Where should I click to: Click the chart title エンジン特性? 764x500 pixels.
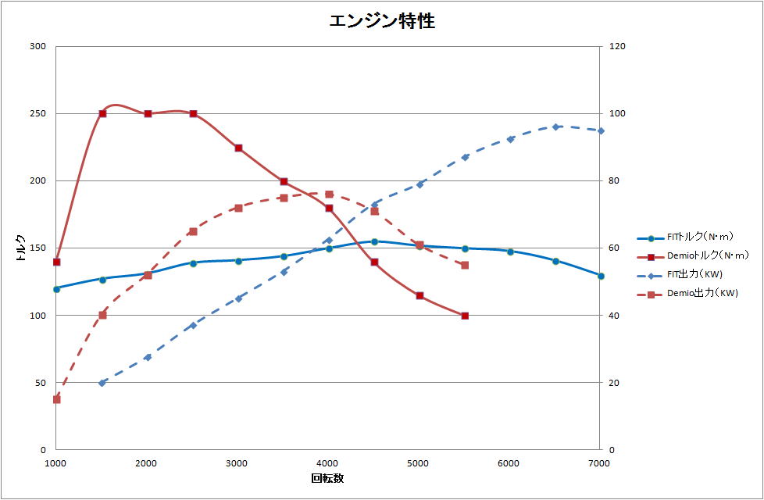[382, 21]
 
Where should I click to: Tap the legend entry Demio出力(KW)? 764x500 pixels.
[691, 294]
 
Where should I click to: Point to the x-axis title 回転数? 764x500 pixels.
[327, 478]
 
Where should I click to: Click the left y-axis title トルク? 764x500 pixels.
[20, 248]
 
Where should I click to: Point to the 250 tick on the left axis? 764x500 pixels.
[37, 113]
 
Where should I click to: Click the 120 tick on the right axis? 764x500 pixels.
[617, 46]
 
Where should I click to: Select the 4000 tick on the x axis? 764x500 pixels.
[327, 463]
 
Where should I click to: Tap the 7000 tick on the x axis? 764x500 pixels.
[598, 463]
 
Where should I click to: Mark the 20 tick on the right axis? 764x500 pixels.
[614, 383]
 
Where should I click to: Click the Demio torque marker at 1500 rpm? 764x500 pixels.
[102, 113]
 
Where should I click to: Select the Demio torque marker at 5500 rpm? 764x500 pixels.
[465, 316]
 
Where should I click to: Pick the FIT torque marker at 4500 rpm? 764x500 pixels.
[374, 241]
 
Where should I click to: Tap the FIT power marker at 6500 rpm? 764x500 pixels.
[555, 127]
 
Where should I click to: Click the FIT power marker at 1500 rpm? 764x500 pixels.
[102, 383]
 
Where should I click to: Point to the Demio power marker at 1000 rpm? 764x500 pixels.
[56, 399]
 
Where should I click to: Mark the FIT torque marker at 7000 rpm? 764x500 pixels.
[601, 276]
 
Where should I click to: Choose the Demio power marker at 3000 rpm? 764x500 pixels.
[238, 208]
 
